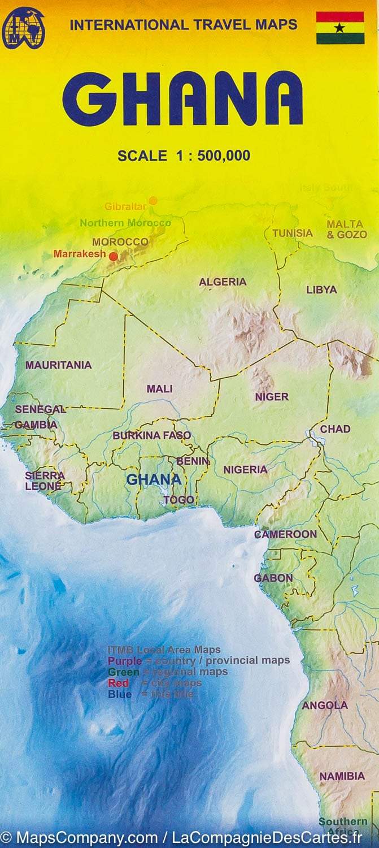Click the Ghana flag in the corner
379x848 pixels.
[x=340, y=28]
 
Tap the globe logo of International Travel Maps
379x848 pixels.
[x=23, y=28]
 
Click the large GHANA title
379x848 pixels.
[x=183, y=99]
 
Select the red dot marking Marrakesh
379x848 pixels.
[x=114, y=257]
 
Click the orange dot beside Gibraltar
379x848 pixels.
[x=153, y=200]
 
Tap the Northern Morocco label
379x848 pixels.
[x=125, y=223]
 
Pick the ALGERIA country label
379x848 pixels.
[x=223, y=282]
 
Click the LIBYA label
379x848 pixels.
[x=321, y=289]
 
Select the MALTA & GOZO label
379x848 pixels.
[x=346, y=229]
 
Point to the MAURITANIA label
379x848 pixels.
[x=58, y=365]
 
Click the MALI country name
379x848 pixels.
[x=159, y=389]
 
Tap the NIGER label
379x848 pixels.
[x=272, y=397]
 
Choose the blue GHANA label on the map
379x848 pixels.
[x=154, y=480]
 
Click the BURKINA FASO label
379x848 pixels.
[x=151, y=436]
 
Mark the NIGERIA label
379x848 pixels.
[x=245, y=470]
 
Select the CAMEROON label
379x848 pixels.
[x=285, y=534]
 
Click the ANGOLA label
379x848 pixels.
[x=325, y=706]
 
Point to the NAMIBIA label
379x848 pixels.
[x=342, y=777]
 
